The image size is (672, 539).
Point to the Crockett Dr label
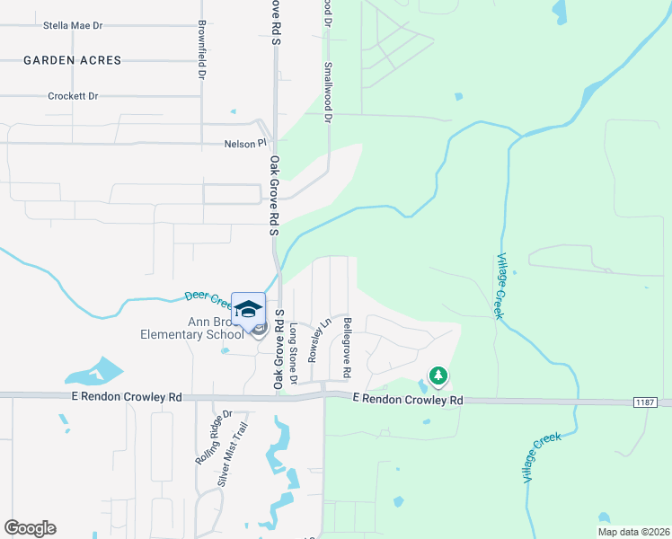click(x=74, y=96)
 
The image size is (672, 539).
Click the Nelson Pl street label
click(x=245, y=144)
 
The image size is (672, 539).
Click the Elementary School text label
click(x=191, y=335)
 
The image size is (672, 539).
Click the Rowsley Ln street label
click(x=314, y=340)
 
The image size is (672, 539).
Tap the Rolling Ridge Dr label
click(x=215, y=437)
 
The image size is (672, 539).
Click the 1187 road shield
click(x=646, y=402)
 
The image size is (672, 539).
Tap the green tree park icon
click(x=438, y=375)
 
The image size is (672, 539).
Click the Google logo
click(x=30, y=528)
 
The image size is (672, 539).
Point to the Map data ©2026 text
click(x=632, y=532)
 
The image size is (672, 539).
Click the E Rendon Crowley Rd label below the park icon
click(x=408, y=399)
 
